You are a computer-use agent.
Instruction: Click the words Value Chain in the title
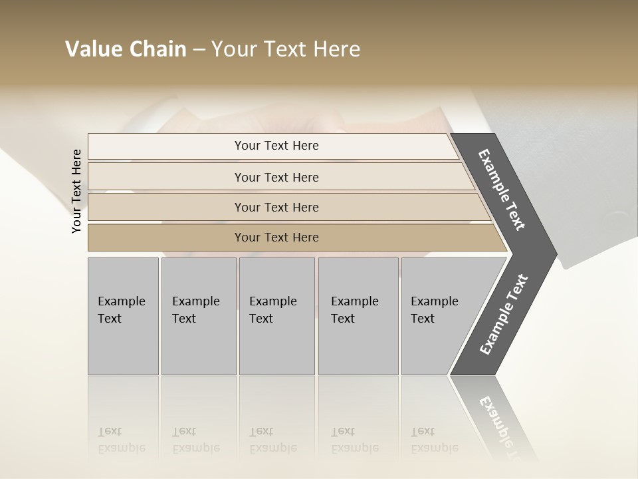(x=126, y=49)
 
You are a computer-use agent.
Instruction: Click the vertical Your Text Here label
(x=76, y=191)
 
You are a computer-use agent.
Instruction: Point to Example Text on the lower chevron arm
(x=504, y=314)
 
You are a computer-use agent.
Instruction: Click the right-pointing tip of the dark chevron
(x=551, y=253)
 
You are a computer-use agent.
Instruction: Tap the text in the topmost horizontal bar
(x=276, y=146)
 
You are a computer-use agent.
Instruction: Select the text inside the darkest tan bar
(x=276, y=238)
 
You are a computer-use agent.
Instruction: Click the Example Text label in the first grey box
(x=121, y=309)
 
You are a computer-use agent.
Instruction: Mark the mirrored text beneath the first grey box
(x=121, y=440)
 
